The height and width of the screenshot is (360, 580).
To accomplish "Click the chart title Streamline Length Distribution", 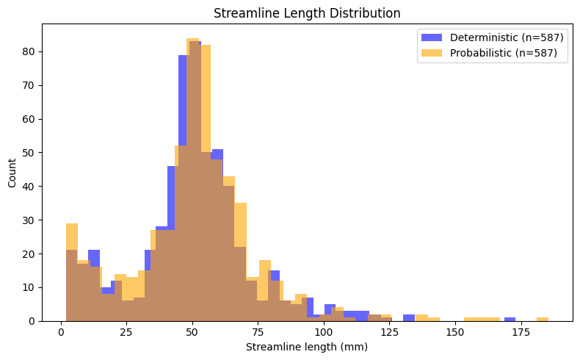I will point(306,12).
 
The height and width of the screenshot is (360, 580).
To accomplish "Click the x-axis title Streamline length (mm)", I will point(306,347).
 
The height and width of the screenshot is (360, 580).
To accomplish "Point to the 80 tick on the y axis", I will point(42,51).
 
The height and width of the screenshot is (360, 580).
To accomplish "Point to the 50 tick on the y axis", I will point(42,153).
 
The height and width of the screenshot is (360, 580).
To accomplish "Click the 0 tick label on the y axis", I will point(34,321).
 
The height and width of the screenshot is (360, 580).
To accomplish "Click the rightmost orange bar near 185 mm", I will point(543,319).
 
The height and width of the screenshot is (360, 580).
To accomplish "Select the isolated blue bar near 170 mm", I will point(510,319).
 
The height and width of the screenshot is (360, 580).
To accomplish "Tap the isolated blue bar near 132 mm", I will point(409,317).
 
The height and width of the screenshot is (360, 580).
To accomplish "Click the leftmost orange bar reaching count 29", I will point(71,272).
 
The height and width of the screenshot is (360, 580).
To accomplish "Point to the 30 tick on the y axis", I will point(42,220).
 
